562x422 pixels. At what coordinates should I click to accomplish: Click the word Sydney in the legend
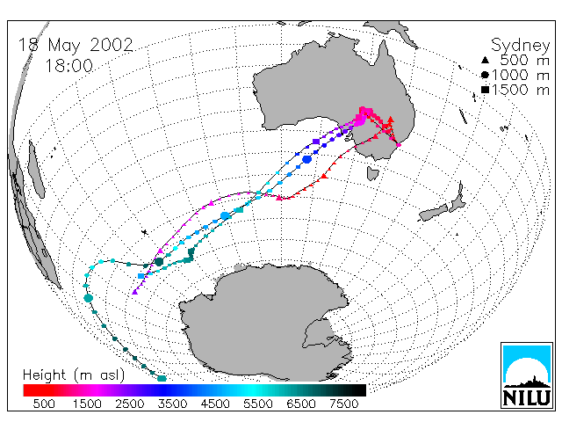click(x=520, y=46)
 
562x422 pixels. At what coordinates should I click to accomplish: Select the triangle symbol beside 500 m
click(x=485, y=60)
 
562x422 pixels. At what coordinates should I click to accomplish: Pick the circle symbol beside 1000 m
click(x=485, y=75)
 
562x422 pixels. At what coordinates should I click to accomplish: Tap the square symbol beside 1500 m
click(x=485, y=90)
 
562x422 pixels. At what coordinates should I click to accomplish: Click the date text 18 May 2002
click(x=76, y=45)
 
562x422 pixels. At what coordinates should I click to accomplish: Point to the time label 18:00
click(x=68, y=66)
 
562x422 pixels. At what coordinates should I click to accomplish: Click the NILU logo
click(x=527, y=375)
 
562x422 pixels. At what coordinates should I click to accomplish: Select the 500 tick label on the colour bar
click(x=44, y=404)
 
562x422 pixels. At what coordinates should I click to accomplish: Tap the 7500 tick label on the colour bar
click(x=344, y=404)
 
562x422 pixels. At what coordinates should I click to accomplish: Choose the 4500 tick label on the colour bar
click(x=215, y=404)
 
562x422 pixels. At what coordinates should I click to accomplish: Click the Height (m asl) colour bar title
click(x=74, y=375)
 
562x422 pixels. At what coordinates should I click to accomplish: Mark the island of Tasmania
click(x=372, y=174)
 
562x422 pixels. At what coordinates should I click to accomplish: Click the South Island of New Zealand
click(x=434, y=213)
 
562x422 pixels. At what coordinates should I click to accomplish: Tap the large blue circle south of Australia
click(x=306, y=159)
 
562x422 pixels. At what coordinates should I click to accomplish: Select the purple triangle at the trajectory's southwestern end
click(x=134, y=292)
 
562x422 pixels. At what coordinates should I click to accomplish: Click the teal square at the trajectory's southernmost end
click(x=162, y=378)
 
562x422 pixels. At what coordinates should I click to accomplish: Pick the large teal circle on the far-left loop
click(x=88, y=298)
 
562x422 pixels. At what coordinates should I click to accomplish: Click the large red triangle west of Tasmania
click(x=324, y=176)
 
